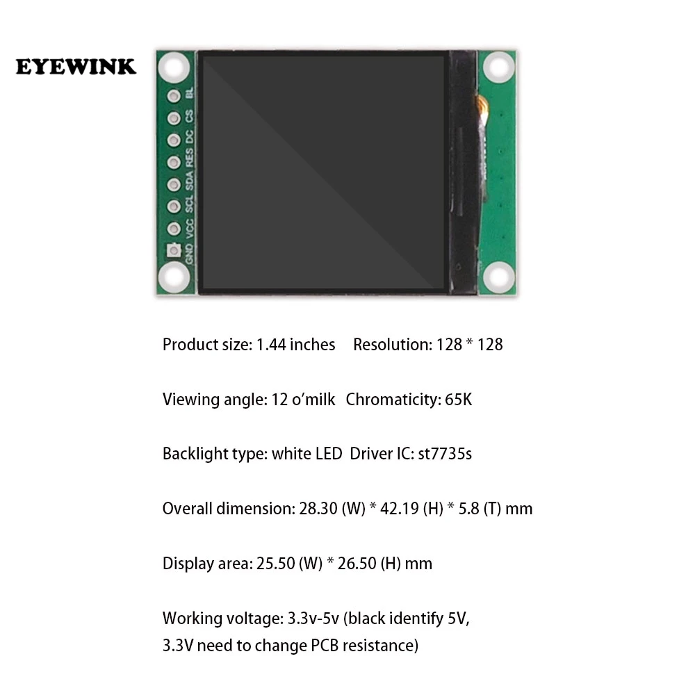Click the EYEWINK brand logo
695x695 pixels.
[76, 67]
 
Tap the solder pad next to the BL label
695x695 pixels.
[174, 96]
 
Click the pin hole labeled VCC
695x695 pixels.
[174, 229]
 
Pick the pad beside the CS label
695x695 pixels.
[174, 118]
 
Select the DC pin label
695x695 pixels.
[190, 140]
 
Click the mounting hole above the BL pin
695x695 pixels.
[174, 68]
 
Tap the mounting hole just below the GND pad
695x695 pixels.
[174, 279]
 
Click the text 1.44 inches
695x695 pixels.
[295, 345]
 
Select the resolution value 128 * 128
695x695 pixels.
[469, 345]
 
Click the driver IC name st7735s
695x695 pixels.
[444, 454]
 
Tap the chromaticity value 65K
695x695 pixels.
[459, 400]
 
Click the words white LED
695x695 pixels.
[306, 454]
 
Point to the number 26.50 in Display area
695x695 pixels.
[357, 564]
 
